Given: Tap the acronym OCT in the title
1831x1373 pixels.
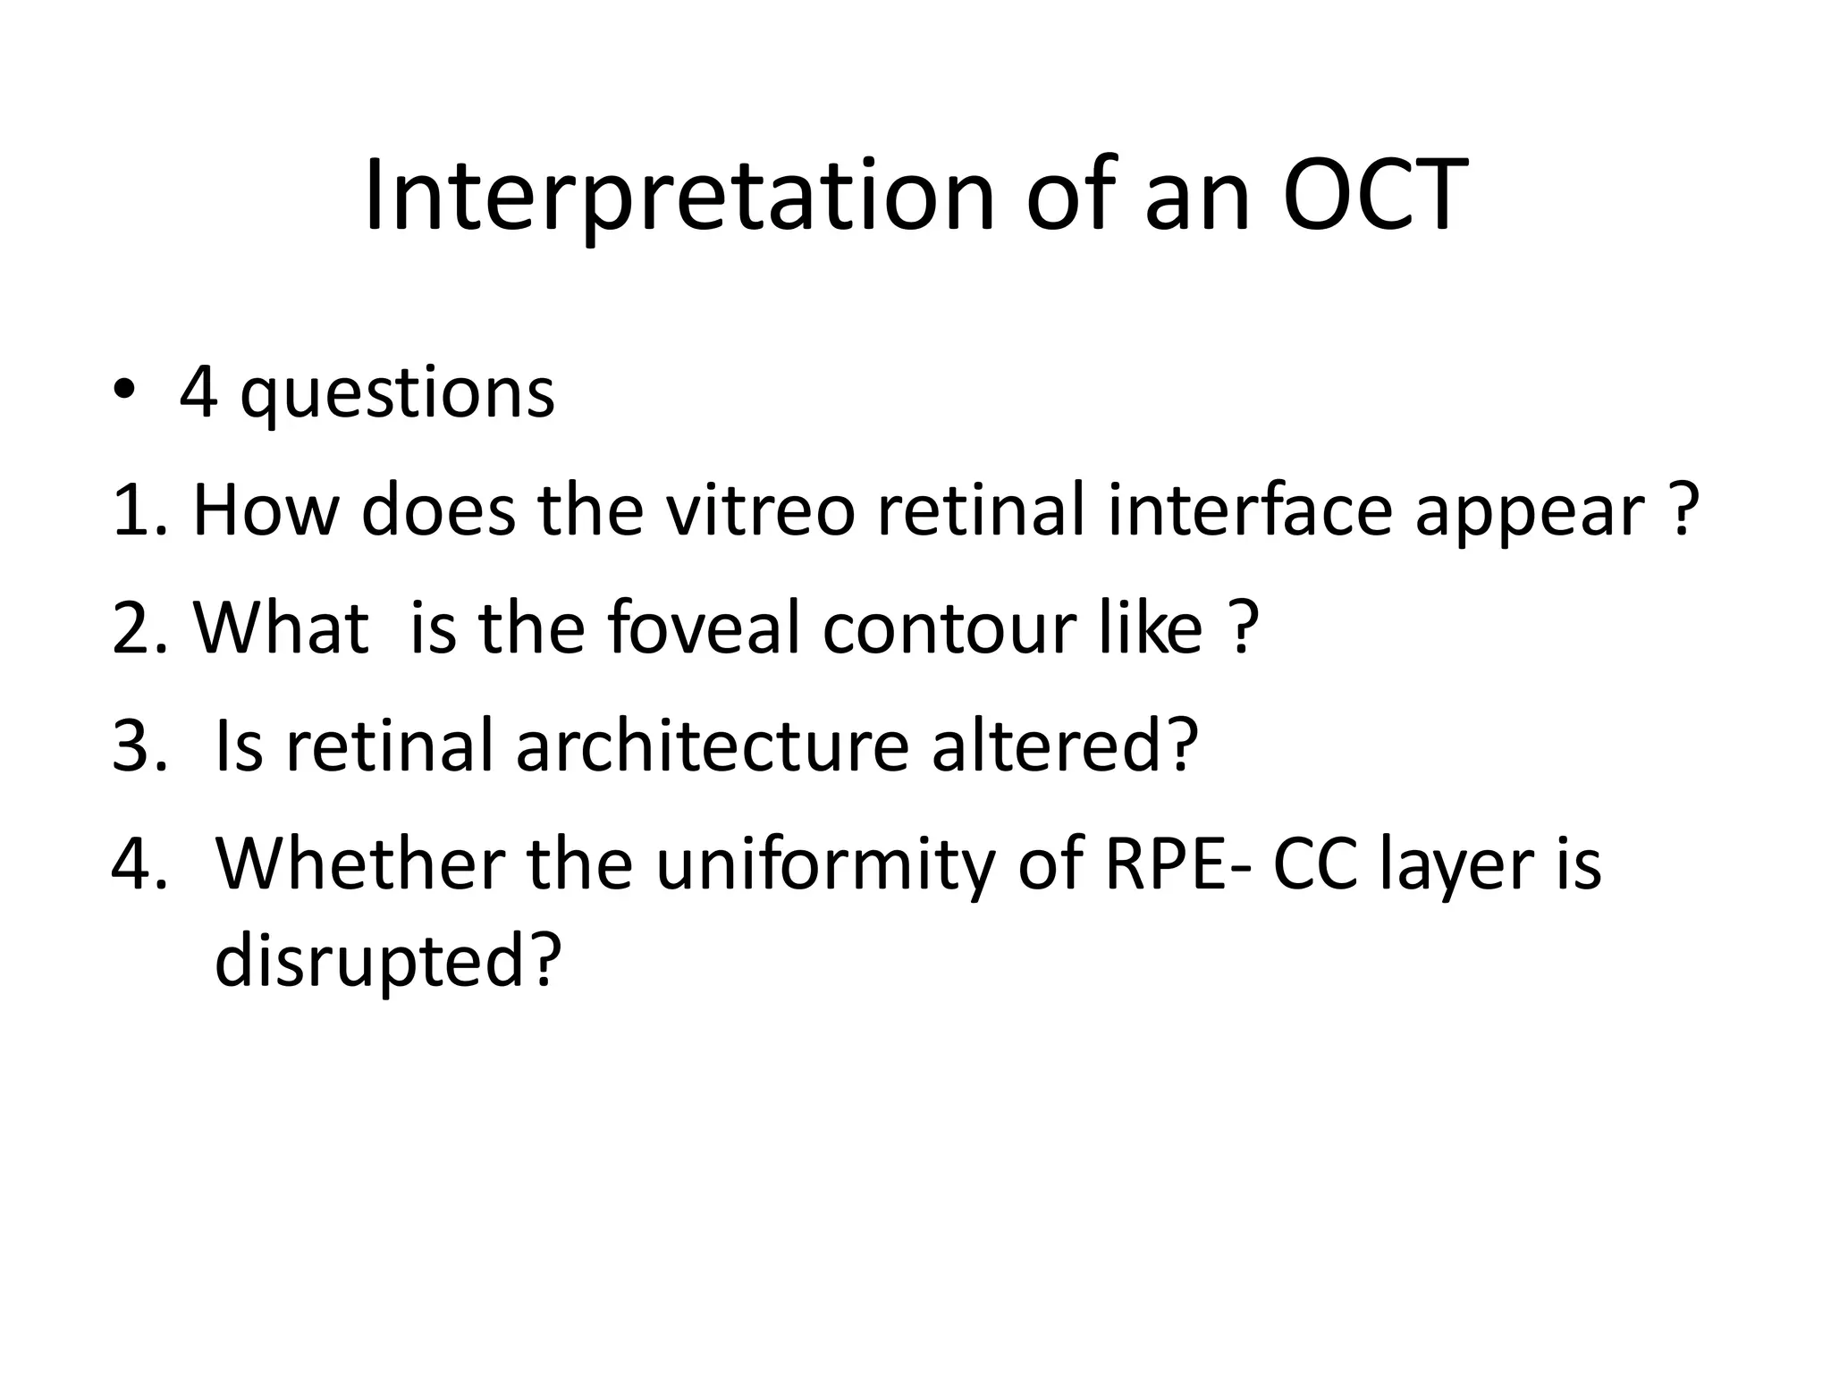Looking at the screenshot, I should coord(1374,197).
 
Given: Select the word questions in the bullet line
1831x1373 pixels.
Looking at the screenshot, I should coord(398,395).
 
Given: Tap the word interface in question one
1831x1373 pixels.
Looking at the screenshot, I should coord(1250,510).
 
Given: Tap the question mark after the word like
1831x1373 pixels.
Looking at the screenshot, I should coord(1244,628).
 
